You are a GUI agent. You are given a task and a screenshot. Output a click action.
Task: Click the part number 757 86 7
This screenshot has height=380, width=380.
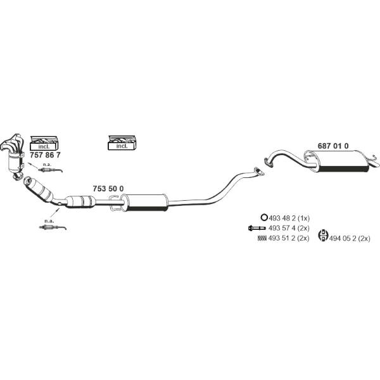[x=45, y=155]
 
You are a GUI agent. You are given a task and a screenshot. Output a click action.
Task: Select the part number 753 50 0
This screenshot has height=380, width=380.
[x=108, y=189]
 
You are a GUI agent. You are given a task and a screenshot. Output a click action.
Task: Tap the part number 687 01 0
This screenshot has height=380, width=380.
[x=333, y=146]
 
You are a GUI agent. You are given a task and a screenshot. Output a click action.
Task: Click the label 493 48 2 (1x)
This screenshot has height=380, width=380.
[x=289, y=218]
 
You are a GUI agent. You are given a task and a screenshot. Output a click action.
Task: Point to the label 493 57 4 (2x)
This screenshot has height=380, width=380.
[x=289, y=228]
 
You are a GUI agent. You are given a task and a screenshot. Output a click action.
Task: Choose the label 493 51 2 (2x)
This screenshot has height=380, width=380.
[x=289, y=238]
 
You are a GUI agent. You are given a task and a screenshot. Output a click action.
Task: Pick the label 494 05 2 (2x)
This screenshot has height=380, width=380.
[x=350, y=239]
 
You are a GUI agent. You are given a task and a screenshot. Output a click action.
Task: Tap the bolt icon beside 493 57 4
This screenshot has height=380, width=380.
[x=257, y=228]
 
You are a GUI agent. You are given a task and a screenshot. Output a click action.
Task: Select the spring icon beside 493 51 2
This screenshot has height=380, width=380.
[x=262, y=238]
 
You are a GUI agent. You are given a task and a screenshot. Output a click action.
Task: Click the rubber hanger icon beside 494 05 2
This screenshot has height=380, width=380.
[x=323, y=236]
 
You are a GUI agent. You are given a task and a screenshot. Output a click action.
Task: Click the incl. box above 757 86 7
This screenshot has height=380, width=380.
[x=44, y=143]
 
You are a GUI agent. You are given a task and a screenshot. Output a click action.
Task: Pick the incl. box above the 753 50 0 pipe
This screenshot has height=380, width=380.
[x=122, y=142]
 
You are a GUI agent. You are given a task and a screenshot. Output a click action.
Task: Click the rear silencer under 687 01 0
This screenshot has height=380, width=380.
[x=339, y=161]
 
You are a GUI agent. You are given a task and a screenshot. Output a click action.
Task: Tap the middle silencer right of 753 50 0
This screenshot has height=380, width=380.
[x=145, y=202]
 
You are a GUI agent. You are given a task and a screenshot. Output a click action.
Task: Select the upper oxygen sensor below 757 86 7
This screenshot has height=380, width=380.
[x=51, y=170]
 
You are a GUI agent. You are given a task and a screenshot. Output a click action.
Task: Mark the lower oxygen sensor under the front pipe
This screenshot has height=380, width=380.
[x=53, y=227]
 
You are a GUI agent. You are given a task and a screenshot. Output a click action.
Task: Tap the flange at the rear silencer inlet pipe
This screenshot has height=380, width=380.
[x=267, y=162]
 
